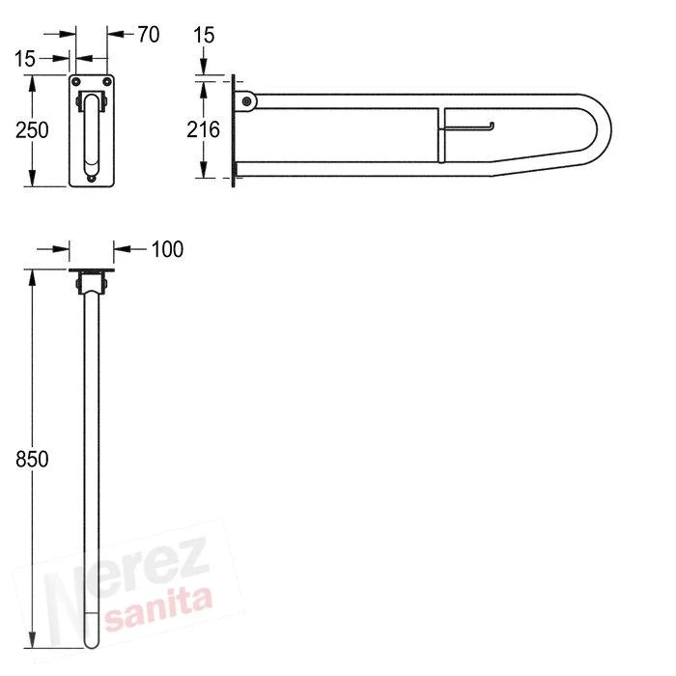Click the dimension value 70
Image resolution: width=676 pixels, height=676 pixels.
(149, 35)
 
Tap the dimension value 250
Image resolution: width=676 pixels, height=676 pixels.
(32, 130)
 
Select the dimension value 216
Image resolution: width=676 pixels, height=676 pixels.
(203, 129)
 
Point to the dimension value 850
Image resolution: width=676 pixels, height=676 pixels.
(32, 459)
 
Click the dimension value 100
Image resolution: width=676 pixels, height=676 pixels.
(167, 249)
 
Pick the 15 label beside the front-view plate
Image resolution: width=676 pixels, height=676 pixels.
(24, 59)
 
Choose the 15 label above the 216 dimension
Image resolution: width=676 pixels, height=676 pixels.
(204, 35)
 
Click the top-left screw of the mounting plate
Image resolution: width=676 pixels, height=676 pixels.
(76, 81)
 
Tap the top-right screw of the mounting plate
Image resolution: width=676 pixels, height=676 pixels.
(107, 81)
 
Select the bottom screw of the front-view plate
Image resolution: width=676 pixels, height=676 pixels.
(92, 178)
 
